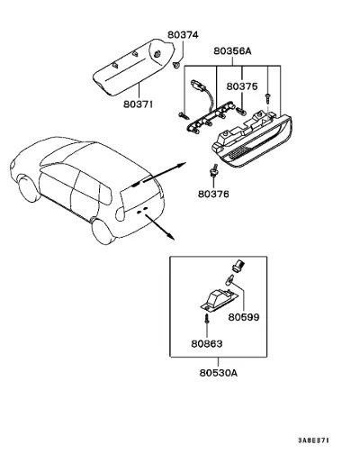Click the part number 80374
pos(183,35)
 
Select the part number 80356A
pos(232,51)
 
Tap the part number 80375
pos(242,86)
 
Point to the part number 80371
pos(139,104)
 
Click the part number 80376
pos(213,194)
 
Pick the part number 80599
pos(244,317)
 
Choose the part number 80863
pos(207,343)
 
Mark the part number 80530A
pos(219,373)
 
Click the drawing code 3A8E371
pos(313,440)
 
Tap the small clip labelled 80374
pos(176,65)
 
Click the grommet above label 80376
pos(213,170)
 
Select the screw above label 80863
pos(206,319)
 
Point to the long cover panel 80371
pos(133,68)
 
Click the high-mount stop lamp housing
pos(252,139)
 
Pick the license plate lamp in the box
pos(220,299)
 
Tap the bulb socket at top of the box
pos(238,266)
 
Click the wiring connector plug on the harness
pos(197,86)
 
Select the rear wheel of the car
pos(103,232)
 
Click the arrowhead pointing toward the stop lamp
pos(182,165)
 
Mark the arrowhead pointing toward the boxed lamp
pos(171,236)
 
